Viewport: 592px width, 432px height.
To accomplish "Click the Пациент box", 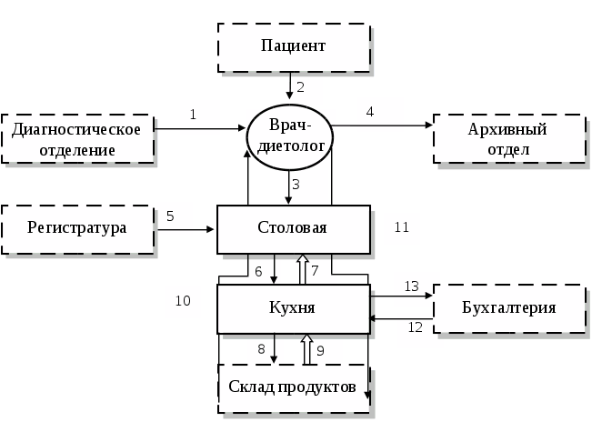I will [x=293, y=46].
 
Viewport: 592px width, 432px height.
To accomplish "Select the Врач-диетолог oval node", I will [x=290, y=136].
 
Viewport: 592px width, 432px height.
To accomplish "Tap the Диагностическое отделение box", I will [x=76, y=138].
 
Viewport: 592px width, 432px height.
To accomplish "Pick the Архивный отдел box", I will [x=507, y=138].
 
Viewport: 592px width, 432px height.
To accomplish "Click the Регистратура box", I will [x=76, y=227].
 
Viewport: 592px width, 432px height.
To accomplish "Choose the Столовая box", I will [x=293, y=227].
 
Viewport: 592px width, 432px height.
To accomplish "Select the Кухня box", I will [x=293, y=308].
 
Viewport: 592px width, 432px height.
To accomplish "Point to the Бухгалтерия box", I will [x=507, y=308].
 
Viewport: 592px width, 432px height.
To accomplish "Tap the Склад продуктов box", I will [x=292, y=387].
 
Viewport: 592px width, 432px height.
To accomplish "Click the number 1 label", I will [x=194, y=116].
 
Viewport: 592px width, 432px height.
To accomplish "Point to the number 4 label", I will [x=370, y=112].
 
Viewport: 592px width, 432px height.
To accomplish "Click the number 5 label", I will [x=170, y=217].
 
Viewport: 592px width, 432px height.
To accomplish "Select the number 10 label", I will [x=183, y=301].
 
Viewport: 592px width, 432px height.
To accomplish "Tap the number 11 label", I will [x=402, y=228].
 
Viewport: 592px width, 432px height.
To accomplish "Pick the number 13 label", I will [x=412, y=286].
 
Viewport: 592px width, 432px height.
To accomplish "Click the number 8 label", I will [x=261, y=348].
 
